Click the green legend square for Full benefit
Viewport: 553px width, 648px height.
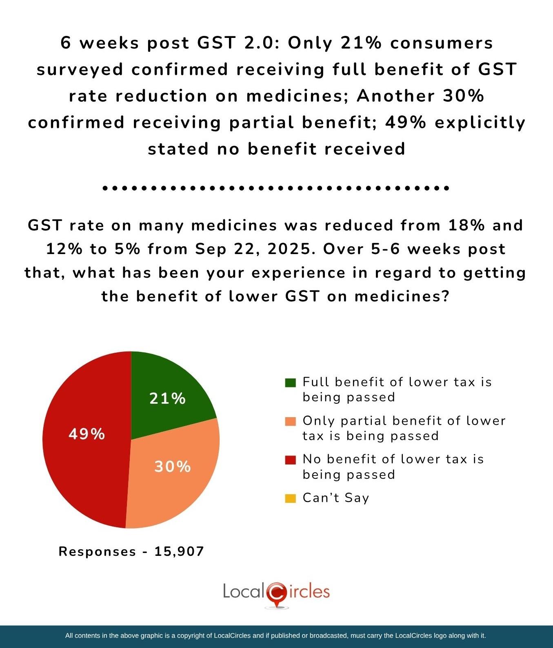[290, 383]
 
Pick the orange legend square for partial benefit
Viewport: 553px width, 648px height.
[290, 421]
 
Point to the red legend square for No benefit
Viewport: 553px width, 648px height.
[290, 460]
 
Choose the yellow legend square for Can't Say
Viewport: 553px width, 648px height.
[290, 498]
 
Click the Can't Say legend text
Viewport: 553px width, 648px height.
[335, 498]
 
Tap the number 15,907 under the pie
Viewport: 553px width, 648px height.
[179, 552]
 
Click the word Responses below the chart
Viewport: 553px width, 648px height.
[97, 552]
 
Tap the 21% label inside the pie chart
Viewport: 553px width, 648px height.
[167, 398]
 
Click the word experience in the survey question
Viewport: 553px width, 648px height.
[298, 272]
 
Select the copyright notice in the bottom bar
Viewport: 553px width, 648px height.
[275, 635]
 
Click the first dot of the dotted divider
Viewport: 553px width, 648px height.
[105, 188]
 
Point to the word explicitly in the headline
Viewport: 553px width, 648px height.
[480, 122]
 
